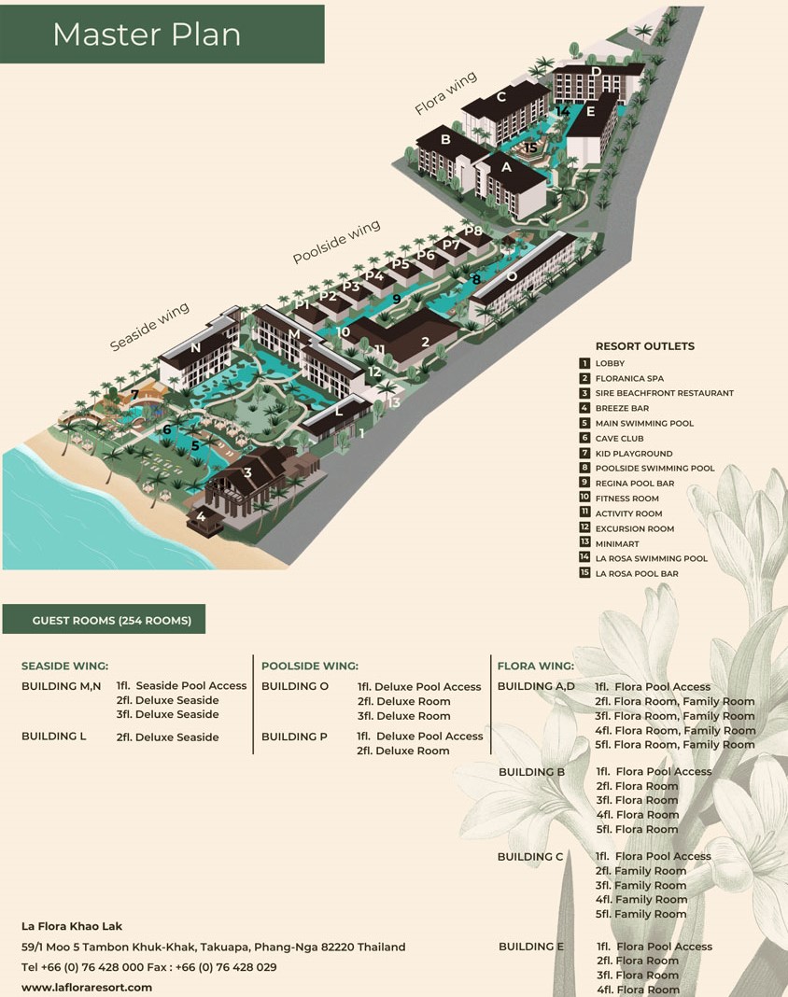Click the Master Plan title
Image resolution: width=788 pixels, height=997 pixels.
(147, 35)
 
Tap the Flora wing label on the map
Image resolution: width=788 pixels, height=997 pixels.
(445, 92)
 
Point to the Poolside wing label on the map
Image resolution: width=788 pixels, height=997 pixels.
(336, 242)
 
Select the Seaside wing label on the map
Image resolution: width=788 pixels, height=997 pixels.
(149, 326)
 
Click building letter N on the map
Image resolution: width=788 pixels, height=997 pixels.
(195, 347)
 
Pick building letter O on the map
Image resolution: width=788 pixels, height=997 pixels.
(512, 277)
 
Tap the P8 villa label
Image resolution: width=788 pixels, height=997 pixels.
(472, 231)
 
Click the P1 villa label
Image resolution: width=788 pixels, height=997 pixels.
(303, 304)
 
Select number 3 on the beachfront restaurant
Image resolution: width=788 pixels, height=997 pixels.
(247, 472)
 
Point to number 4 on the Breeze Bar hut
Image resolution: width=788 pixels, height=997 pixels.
(201, 516)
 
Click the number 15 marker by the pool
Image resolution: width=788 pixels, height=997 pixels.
(530, 147)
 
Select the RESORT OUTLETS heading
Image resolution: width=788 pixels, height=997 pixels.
(645, 346)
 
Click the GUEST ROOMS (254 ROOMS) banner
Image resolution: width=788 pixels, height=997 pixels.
(112, 621)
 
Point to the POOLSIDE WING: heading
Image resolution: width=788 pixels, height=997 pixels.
(310, 666)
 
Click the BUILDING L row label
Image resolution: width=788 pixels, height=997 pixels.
(53, 736)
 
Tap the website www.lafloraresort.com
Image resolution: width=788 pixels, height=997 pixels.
(87, 988)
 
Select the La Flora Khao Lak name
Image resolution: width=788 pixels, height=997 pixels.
(72, 926)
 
